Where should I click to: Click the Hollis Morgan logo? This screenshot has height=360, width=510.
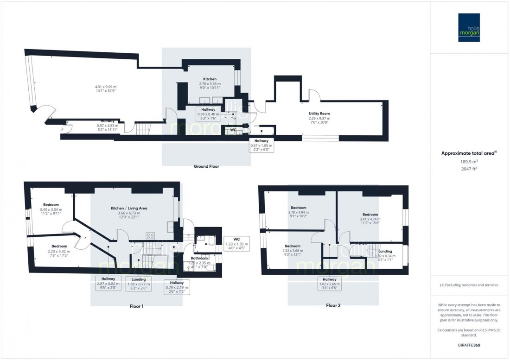[469, 27]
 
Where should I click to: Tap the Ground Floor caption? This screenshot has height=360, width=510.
[206, 166]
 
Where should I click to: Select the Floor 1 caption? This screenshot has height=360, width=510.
[136, 306]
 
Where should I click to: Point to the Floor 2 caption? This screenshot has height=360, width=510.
[333, 305]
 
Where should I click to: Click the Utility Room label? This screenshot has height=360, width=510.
[319, 113]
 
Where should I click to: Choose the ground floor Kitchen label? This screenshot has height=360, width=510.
[210, 79]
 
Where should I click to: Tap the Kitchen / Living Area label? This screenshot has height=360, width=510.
[129, 208]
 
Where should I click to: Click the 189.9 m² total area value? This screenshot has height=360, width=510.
[469, 162]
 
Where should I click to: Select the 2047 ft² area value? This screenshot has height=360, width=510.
[469, 169]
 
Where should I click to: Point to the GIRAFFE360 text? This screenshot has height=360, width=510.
[469, 346]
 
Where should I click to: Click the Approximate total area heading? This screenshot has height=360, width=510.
[468, 153]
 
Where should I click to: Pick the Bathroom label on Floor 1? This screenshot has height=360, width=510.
[198, 258]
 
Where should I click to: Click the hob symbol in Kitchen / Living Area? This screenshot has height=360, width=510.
[150, 235]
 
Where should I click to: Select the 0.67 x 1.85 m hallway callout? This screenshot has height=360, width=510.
[261, 145]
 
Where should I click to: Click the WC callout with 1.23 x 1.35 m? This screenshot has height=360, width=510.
[236, 244]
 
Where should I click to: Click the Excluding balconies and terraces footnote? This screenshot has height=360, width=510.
[469, 285]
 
